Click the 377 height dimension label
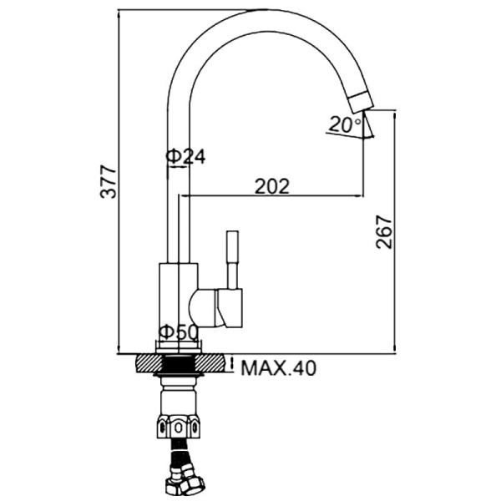108,181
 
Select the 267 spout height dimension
383,232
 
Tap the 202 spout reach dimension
272,186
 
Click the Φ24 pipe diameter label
185,156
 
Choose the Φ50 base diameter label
179,332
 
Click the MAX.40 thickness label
279,368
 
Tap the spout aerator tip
362,102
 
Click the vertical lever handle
232,260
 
